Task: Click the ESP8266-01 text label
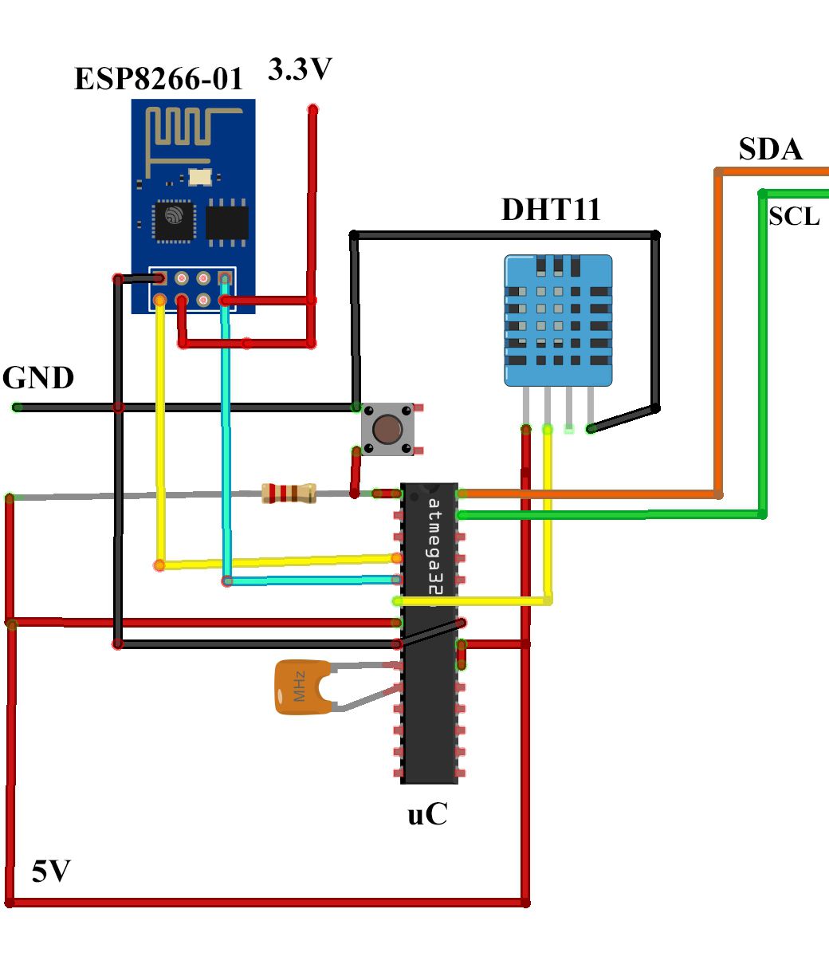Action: pos(158,79)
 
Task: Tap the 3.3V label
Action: pos(300,70)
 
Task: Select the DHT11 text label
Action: pos(551,210)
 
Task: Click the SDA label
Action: pos(770,149)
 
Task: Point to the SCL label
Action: pos(794,217)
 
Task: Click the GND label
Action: pos(38,378)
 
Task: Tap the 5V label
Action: pos(52,872)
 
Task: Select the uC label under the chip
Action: pos(427,815)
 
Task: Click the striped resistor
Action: pos(289,494)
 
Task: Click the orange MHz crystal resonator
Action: pos(301,687)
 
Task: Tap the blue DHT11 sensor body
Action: pos(558,319)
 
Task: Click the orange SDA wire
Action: pos(717,335)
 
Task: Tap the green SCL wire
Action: pos(762,359)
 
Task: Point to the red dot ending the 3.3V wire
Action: pos(312,108)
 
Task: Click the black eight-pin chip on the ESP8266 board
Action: pos(227,222)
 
